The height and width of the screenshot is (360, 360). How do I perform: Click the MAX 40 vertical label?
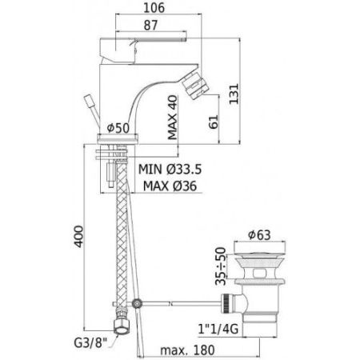coord(171,116)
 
